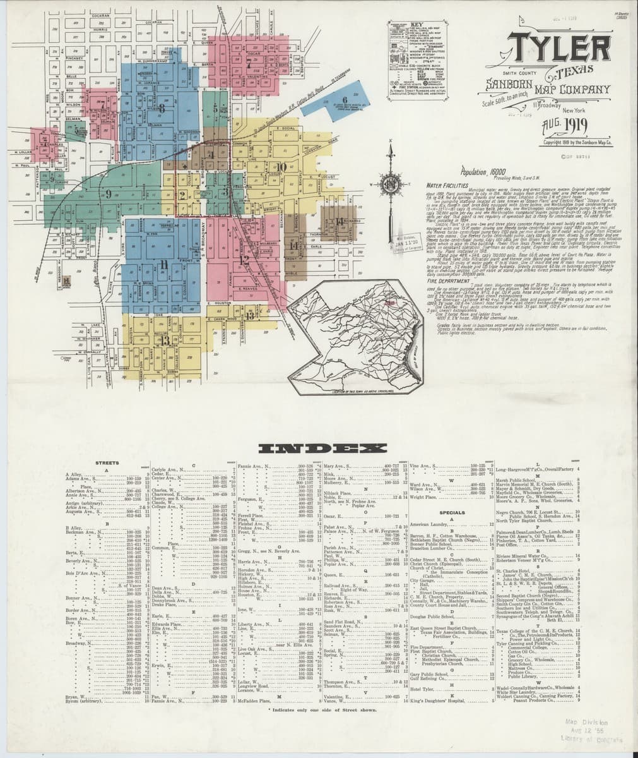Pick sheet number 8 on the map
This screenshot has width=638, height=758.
pos(162,109)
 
